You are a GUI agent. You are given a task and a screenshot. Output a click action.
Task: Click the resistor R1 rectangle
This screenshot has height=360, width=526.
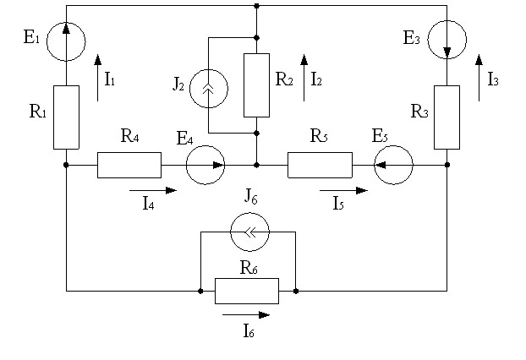(67, 117)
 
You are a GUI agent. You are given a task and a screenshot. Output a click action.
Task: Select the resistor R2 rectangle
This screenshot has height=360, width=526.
(256, 85)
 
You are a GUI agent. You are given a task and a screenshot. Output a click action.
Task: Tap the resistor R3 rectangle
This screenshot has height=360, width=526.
(447, 117)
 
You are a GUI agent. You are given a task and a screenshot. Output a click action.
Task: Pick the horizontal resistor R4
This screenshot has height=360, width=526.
(129, 165)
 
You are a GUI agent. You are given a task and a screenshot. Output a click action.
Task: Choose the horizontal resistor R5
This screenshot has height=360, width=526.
(320, 165)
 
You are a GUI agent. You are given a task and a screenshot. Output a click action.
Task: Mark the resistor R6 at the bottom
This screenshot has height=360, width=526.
(247, 291)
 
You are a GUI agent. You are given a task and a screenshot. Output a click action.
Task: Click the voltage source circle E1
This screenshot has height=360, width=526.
(66, 41)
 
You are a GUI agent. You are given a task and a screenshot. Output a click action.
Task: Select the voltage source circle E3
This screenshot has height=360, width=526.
(447, 40)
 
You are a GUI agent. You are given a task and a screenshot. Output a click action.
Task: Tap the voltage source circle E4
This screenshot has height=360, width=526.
(205, 165)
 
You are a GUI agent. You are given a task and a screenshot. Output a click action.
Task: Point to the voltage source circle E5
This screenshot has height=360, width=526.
(393, 165)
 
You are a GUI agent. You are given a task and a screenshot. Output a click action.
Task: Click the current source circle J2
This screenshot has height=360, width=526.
(209, 89)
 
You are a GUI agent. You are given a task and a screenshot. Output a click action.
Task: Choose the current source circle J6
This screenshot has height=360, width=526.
(250, 232)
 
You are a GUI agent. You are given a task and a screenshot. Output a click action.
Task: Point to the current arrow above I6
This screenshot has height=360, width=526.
(246, 314)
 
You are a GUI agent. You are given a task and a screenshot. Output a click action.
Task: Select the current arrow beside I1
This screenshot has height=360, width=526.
(97, 78)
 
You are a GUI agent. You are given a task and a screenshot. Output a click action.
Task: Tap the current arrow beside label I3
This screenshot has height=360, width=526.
(479, 78)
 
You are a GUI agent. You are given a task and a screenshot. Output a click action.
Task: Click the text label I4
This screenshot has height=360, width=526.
(148, 203)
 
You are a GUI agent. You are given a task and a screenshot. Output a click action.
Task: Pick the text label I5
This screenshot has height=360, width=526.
(338, 203)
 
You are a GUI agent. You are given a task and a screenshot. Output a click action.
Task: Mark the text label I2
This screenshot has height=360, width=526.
(316, 79)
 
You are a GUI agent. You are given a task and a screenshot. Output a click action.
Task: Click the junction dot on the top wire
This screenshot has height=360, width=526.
(256, 6)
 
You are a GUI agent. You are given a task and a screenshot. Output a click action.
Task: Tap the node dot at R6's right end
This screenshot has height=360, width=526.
(295, 291)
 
